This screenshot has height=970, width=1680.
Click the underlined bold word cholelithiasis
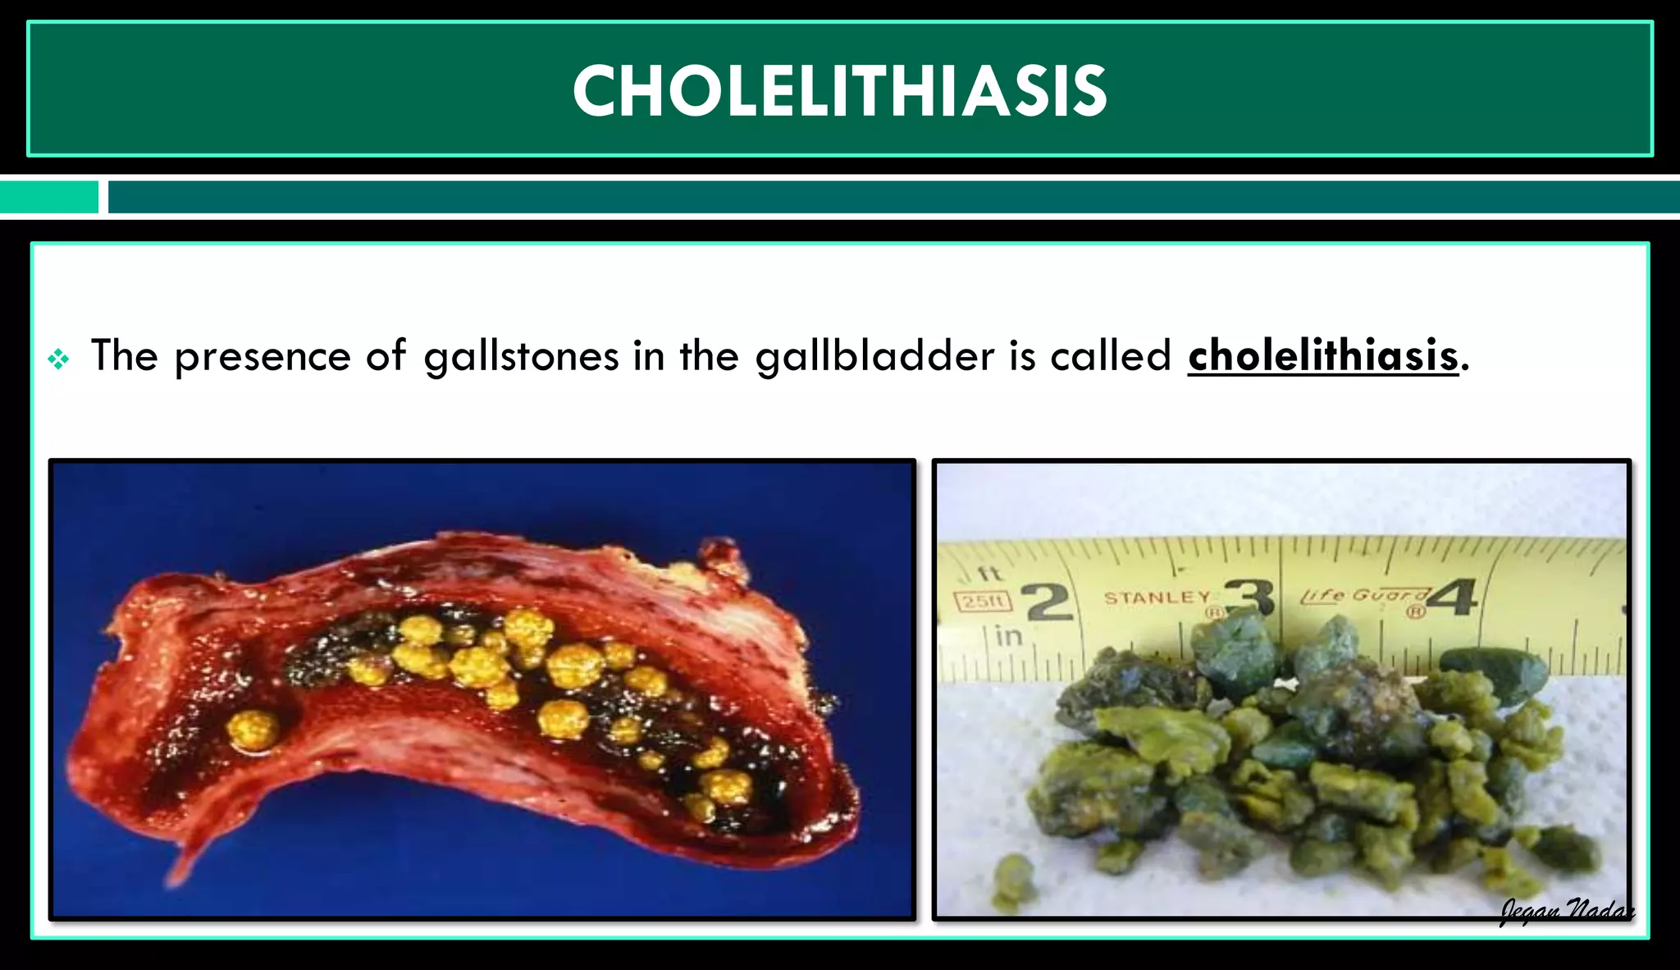1322,356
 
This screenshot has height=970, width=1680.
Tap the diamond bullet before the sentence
58,359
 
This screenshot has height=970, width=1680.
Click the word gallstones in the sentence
521,356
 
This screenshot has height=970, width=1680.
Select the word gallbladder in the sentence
874,356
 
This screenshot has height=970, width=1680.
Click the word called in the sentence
1111,356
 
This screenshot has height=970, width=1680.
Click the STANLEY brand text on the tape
1157,597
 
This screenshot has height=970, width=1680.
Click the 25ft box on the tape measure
983,602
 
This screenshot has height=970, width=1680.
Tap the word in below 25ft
1008,636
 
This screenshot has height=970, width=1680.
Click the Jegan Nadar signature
1566,909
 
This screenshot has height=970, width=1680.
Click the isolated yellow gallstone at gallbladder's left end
253,730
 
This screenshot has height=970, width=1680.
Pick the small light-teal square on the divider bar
49,197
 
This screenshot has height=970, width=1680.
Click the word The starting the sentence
124,356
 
